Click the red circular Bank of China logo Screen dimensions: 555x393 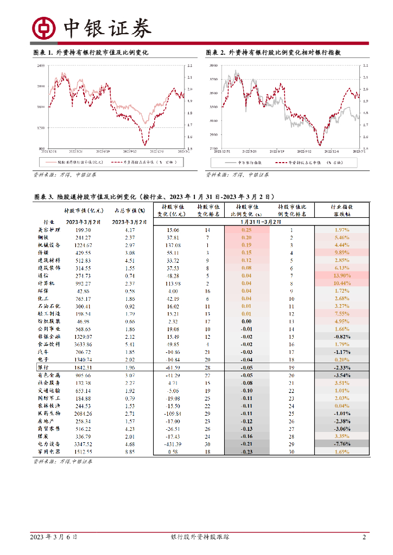44,28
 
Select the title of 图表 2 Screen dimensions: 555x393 277,53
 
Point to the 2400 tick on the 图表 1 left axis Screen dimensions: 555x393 40,66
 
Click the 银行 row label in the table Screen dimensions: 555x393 43,367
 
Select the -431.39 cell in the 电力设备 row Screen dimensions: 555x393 173,443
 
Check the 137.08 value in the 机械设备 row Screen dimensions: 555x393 173,245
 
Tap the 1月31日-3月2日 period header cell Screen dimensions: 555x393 261,222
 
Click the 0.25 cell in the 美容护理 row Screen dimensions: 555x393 246,230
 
